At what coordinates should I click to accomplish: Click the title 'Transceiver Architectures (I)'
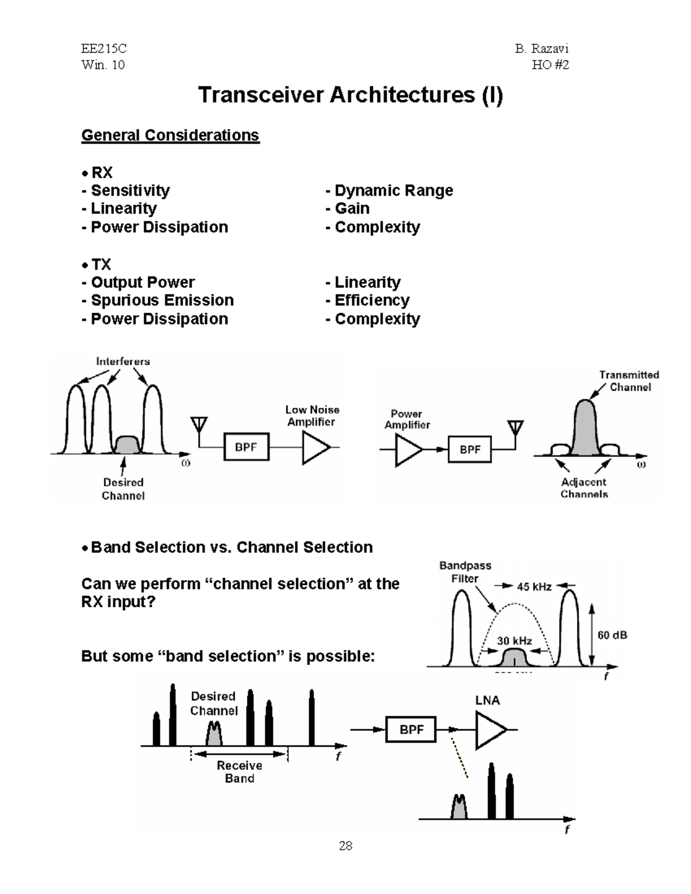point(350,95)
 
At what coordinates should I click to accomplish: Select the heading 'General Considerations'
point(170,135)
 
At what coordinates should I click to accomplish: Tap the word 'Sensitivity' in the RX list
point(130,191)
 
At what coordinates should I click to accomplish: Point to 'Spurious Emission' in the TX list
point(162,300)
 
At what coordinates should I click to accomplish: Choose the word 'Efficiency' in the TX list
point(371,300)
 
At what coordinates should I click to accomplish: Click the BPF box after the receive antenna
point(246,447)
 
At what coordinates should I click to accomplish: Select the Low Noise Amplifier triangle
point(314,447)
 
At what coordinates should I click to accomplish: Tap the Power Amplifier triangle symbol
point(408,450)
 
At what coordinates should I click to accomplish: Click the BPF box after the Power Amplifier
point(470,450)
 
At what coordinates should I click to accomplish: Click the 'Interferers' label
point(123,362)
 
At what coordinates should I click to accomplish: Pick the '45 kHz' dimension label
point(534,587)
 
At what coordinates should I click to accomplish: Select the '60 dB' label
point(612,636)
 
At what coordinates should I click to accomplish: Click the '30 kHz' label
point(514,641)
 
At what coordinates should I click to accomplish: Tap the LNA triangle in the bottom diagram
point(489,730)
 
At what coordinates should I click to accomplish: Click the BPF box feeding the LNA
point(411,730)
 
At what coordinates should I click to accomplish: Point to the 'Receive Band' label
point(240,772)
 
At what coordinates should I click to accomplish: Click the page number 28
point(345,846)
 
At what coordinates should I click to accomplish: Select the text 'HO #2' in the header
point(550,65)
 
